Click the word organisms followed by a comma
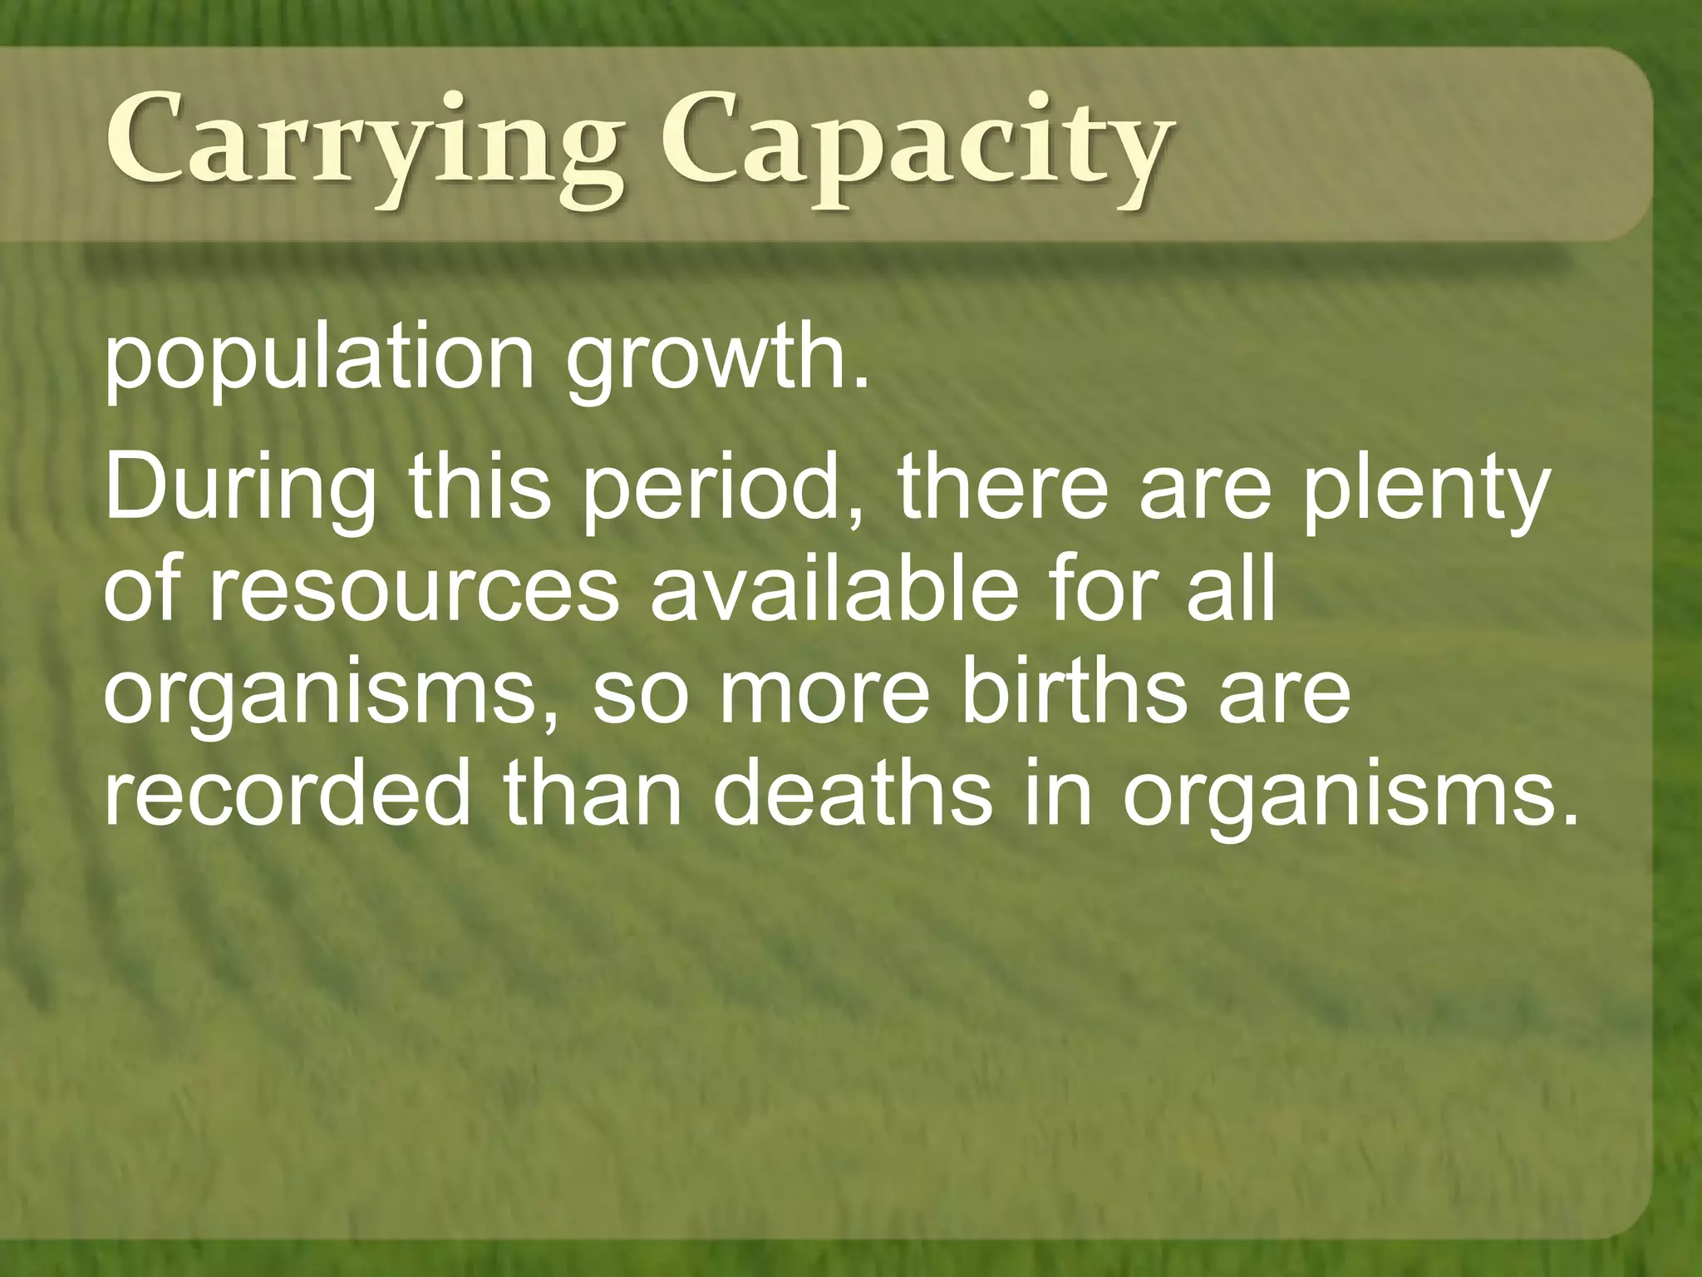click(329, 694)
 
